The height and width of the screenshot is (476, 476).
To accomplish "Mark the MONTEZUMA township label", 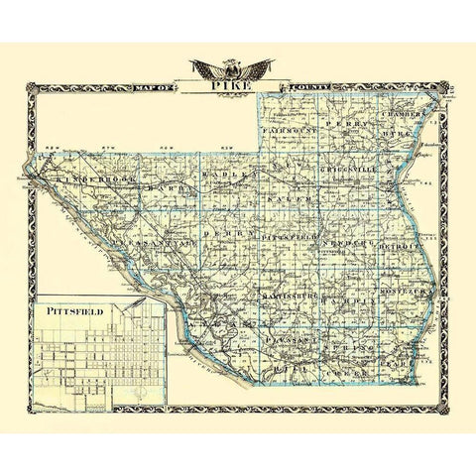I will click(401, 295).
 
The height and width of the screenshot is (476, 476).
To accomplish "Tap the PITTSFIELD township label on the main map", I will click(290, 240).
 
